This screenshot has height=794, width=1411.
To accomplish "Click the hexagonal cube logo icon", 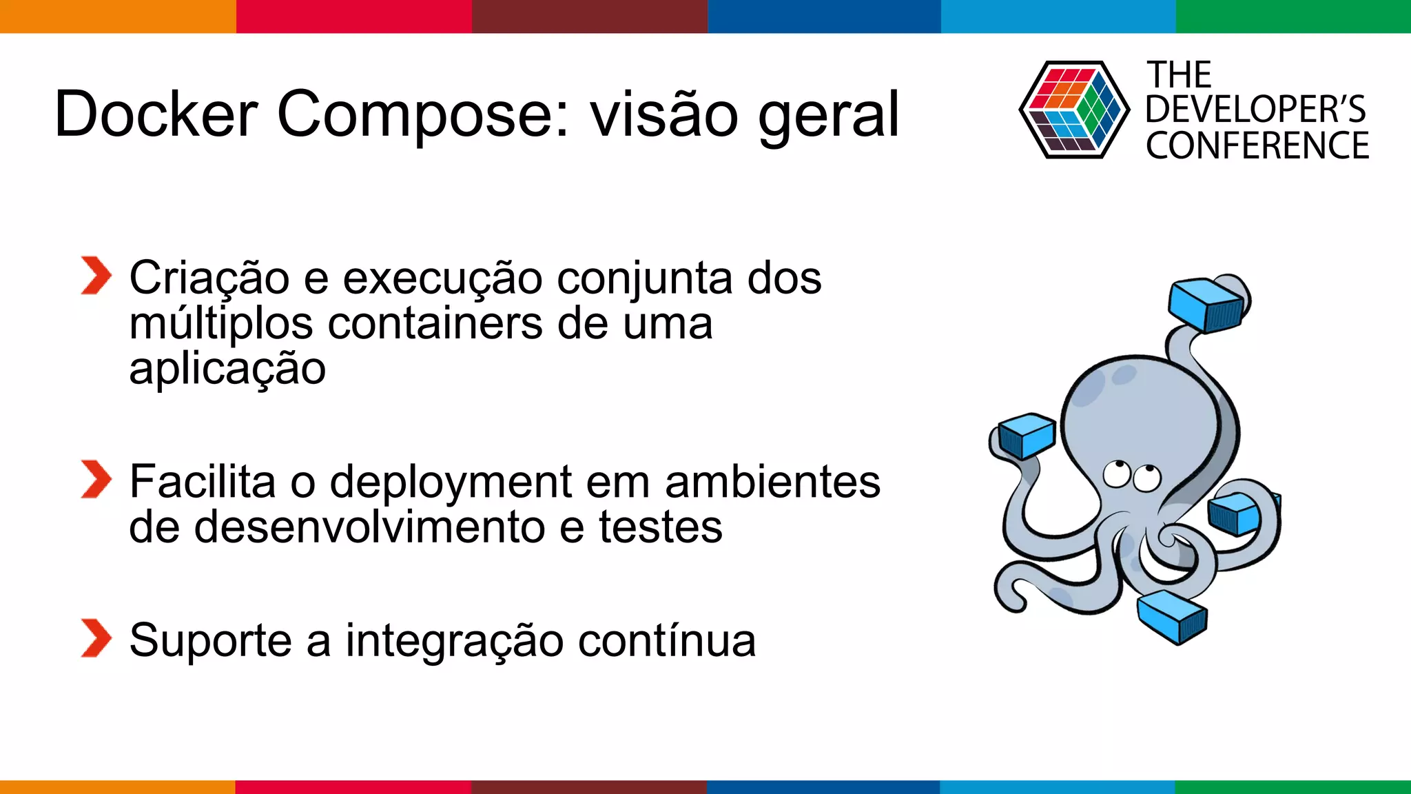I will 1073,110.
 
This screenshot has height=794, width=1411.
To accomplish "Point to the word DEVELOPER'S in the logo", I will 1255,110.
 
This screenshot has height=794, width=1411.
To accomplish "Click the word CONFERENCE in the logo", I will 1257,146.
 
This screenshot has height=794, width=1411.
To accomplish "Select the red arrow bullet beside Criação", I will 95,276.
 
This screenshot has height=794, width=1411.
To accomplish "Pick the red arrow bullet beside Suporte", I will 95,638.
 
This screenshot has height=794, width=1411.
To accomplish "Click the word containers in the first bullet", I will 435,323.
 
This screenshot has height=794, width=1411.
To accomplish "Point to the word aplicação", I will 227,369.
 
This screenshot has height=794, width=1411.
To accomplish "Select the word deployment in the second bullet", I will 451,482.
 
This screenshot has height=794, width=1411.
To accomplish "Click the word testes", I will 660,527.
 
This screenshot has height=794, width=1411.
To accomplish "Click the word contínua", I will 666,640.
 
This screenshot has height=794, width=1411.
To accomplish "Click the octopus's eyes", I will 1131,476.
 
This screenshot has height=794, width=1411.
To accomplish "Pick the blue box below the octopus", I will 1172,616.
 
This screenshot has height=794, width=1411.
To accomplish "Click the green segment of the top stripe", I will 1292,16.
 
